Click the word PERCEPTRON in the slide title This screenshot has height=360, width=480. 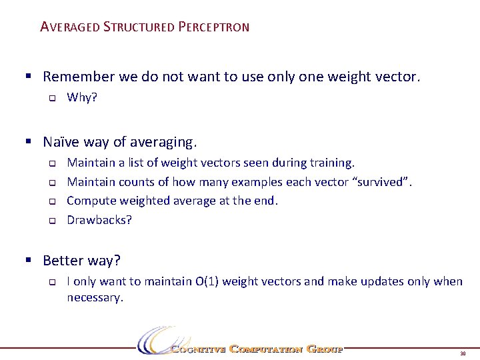pyautogui.click(x=213, y=27)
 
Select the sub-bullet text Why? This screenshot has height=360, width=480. pyautogui.click(x=82, y=98)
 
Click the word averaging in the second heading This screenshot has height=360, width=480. pyautogui.click(x=161, y=141)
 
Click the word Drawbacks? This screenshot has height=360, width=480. pyautogui.click(x=99, y=219)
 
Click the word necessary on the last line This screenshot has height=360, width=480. pyautogui.click(x=94, y=298)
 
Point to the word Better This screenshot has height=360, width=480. pyautogui.click(x=63, y=260)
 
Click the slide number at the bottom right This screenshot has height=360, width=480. pyautogui.click(x=462, y=353)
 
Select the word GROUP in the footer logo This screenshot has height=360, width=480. pyautogui.click(x=325, y=349)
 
